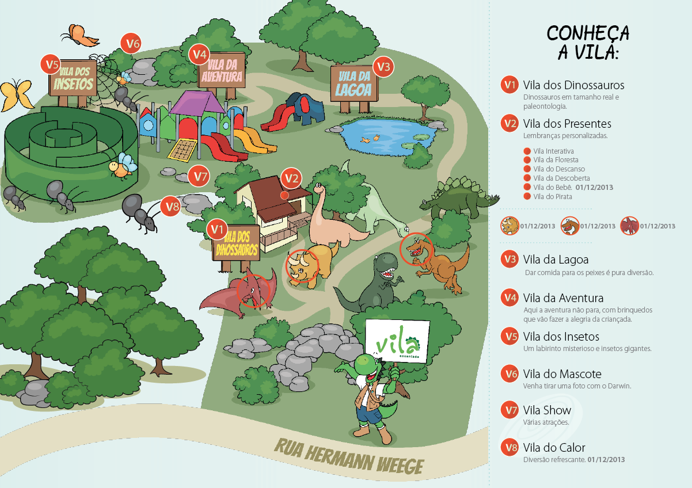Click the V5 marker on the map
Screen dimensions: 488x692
pos(51,64)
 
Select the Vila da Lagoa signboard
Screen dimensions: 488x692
pos(354,83)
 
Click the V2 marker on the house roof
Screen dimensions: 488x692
pos(291,178)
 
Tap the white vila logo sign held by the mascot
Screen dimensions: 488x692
pos(397,342)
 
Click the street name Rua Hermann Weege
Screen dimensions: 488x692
pos(349,456)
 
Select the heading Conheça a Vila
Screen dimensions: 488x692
pos(588,42)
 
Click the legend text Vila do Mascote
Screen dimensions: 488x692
pos(562,373)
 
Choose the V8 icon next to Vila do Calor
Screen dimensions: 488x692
pos(510,447)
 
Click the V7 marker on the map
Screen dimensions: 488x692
pos(199,176)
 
